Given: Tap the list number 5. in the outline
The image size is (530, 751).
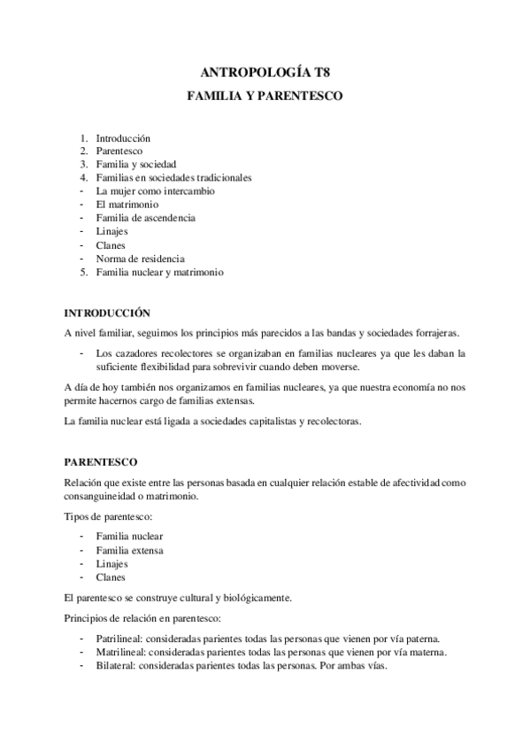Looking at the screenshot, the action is pyautogui.click(x=83, y=272).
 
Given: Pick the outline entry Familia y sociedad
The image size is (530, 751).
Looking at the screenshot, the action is pyautogui.click(x=137, y=164).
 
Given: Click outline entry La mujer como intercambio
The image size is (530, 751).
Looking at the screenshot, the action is pyautogui.click(x=155, y=190).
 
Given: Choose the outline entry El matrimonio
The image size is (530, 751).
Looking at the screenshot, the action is pyautogui.click(x=127, y=205).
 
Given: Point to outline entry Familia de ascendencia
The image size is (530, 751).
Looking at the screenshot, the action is pyautogui.click(x=146, y=218).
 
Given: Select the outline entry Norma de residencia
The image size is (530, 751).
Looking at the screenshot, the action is pyautogui.click(x=141, y=259).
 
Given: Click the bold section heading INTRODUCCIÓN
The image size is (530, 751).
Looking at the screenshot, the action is pyautogui.click(x=107, y=313).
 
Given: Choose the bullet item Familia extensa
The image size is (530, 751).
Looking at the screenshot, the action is pyautogui.click(x=130, y=550).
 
